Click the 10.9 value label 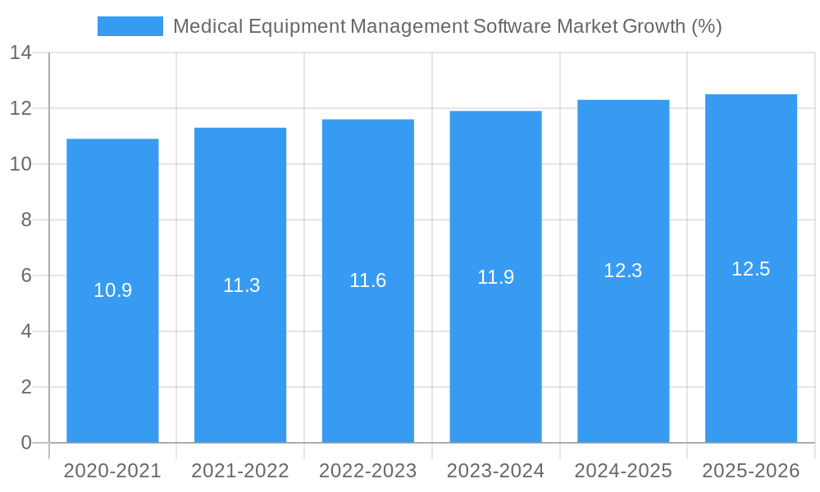tap(112, 290)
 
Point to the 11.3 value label tap(241, 285)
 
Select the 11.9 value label tap(495, 277)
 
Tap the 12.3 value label tap(623, 271)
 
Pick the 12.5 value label tap(750, 269)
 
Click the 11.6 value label tap(367, 280)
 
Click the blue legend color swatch tap(130, 26)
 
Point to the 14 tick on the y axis tap(20, 53)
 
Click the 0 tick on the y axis tap(25, 443)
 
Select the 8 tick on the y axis tap(25, 220)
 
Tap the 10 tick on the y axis tap(20, 164)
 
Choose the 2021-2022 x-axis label tap(240, 471)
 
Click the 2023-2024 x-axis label tap(495, 471)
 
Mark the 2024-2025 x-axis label tap(623, 471)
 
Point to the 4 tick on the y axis tap(25, 331)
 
